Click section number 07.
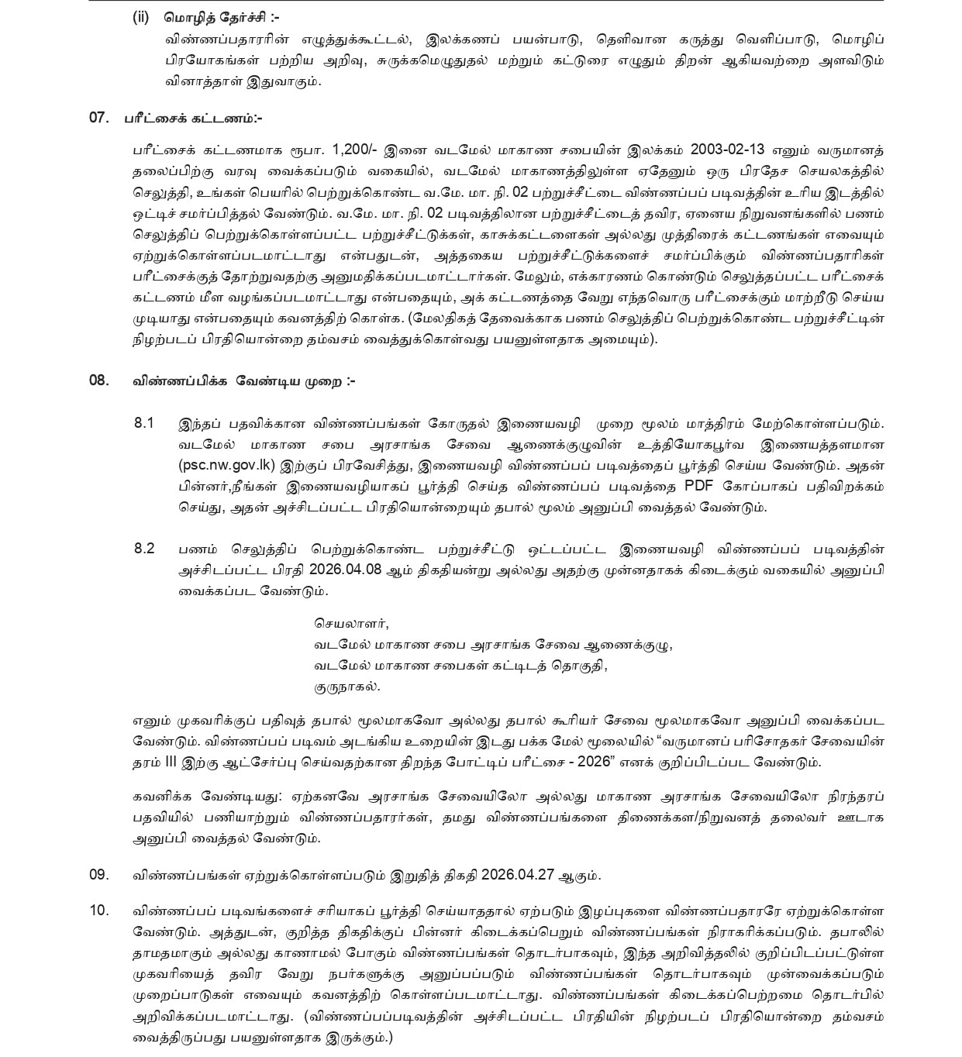pos(99,119)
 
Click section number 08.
pos(99,380)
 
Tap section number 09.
pos(99,875)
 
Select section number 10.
pos(99,911)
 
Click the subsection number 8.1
pos(144,423)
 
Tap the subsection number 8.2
pos(144,549)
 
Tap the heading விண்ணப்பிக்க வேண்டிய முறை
pos(243,380)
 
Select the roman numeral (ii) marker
pos(140,18)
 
